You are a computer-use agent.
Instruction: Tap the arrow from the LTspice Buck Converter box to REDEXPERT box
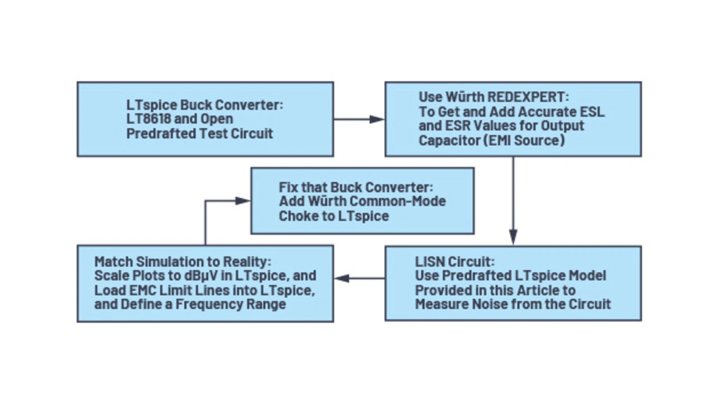pos(359,119)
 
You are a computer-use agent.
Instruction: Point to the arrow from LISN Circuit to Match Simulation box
pos(359,278)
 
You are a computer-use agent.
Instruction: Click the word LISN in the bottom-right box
pos(430,262)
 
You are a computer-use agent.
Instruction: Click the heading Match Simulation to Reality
pos(183,262)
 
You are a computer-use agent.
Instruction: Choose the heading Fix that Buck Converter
pos(356,187)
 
